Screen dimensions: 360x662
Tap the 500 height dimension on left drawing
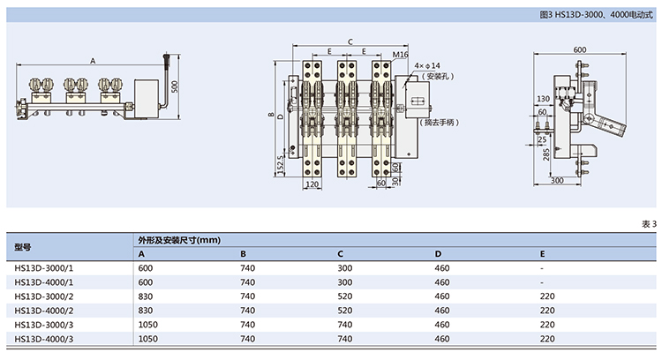(176, 86)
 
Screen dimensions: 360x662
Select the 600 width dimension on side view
(579, 50)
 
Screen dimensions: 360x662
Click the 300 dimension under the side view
(557, 181)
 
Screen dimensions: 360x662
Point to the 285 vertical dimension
(546, 154)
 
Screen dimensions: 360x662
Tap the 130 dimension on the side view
(542, 99)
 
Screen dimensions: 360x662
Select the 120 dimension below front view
(311, 184)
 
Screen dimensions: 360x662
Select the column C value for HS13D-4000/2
(345, 311)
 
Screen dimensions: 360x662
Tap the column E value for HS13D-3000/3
(548, 324)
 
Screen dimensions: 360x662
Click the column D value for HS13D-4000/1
(442, 282)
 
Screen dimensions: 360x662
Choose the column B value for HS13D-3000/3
(248, 324)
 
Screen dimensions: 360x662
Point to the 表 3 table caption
(649, 224)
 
